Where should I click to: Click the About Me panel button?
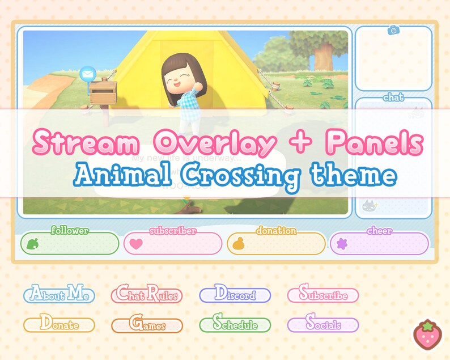tap(59, 295)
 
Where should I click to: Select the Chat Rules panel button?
tap(147, 295)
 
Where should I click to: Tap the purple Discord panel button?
tap(235, 295)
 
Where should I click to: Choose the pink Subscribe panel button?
tap(322, 295)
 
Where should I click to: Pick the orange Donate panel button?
tap(59, 325)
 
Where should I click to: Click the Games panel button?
tap(147, 325)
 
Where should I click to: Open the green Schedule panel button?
tap(235, 325)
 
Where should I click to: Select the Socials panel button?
tap(322, 325)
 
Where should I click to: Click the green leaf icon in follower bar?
tap(32, 244)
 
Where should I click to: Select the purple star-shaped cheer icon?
tap(342, 244)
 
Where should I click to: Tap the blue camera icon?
tap(393, 30)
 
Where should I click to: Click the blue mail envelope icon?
tap(88, 74)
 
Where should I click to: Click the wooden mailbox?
tap(103, 94)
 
